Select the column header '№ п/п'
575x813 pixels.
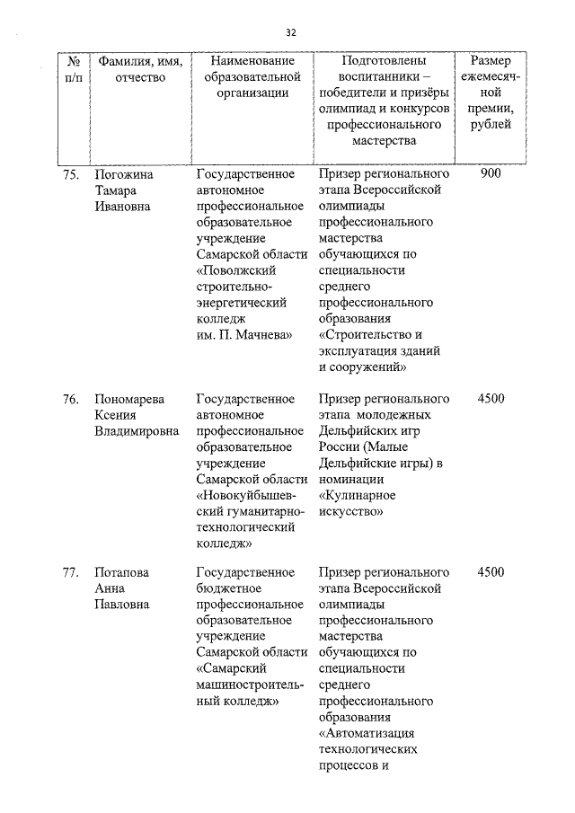coord(75,69)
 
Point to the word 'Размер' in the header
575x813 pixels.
coord(491,61)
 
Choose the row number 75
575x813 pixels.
coord(72,174)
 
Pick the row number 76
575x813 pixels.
coord(72,399)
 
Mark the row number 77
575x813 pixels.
coord(72,572)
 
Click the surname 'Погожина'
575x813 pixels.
coord(126,174)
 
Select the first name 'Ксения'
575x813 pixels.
coord(116,415)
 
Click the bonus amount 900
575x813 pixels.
coord(491,174)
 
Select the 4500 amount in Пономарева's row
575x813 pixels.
coord(491,399)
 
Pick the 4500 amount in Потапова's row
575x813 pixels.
coord(491,572)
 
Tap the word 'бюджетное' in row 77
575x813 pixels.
coord(228,588)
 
